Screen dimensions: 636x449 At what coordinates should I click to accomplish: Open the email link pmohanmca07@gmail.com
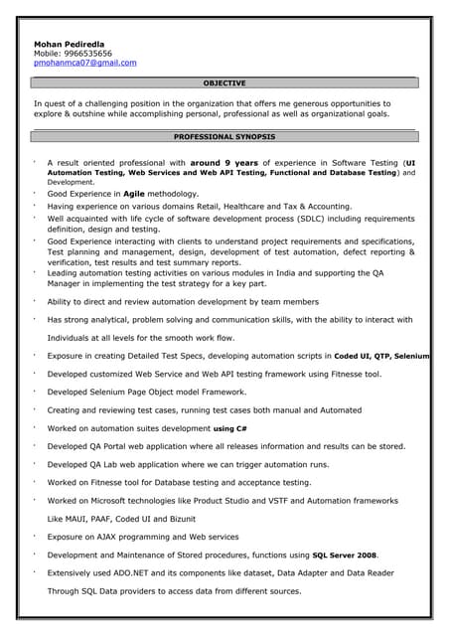pyautogui.click(x=85, y=63)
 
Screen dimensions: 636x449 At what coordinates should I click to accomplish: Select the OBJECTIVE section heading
pyautogui.click(x=224, y=83)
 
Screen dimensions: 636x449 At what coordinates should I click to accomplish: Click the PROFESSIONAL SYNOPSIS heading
pyautogui.click(x=224, y=136)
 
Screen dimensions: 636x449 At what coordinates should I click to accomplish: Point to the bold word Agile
pyautogui.click(x=135, y=194)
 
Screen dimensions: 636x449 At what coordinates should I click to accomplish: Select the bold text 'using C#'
pyautogui.click(x=230, y=428)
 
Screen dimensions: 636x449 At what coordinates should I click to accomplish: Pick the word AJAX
pyautogui.click(x=107, y=537)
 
